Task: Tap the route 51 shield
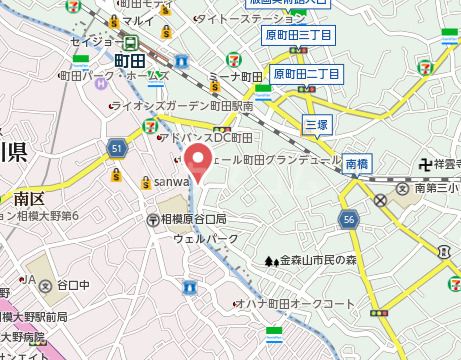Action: pos(116,149)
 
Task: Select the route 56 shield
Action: pos(348,219)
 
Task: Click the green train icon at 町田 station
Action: pos(132,43)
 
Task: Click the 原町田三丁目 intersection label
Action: pos(297,36)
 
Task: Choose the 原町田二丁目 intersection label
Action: pos(307,74)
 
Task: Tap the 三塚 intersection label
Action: pos(316,123)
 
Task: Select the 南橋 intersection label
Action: pos(357,163)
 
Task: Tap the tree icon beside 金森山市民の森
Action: pos(270,261)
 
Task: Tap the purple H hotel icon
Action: pos(100,83)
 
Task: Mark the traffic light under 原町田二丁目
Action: pos(307,89)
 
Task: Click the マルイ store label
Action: pos(139,20)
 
